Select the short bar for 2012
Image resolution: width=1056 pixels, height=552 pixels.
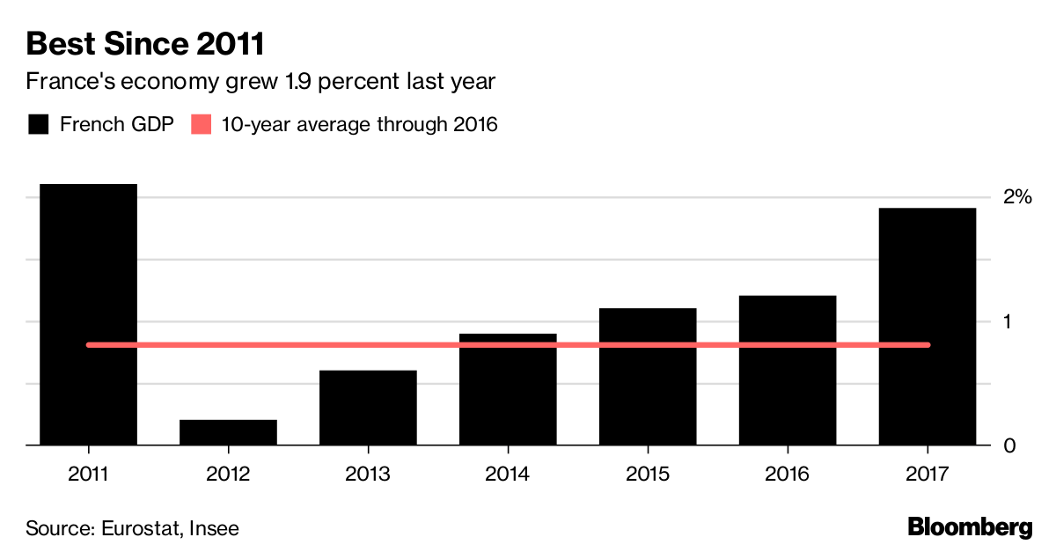point(228,432)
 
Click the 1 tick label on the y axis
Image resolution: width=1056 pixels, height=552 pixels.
point(1009,321)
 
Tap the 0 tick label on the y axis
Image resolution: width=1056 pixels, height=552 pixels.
point(1010,445)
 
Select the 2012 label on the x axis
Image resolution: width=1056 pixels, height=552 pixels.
point(228,475)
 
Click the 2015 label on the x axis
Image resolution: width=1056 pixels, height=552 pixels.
point(648,475)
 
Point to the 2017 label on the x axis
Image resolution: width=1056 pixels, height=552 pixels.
point(928,475)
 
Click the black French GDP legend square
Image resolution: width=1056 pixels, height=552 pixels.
point(37,124)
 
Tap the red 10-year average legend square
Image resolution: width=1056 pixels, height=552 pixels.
point(202,124)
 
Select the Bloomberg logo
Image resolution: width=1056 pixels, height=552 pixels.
point(970,527)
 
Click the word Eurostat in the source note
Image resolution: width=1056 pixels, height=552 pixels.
point(138,528)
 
